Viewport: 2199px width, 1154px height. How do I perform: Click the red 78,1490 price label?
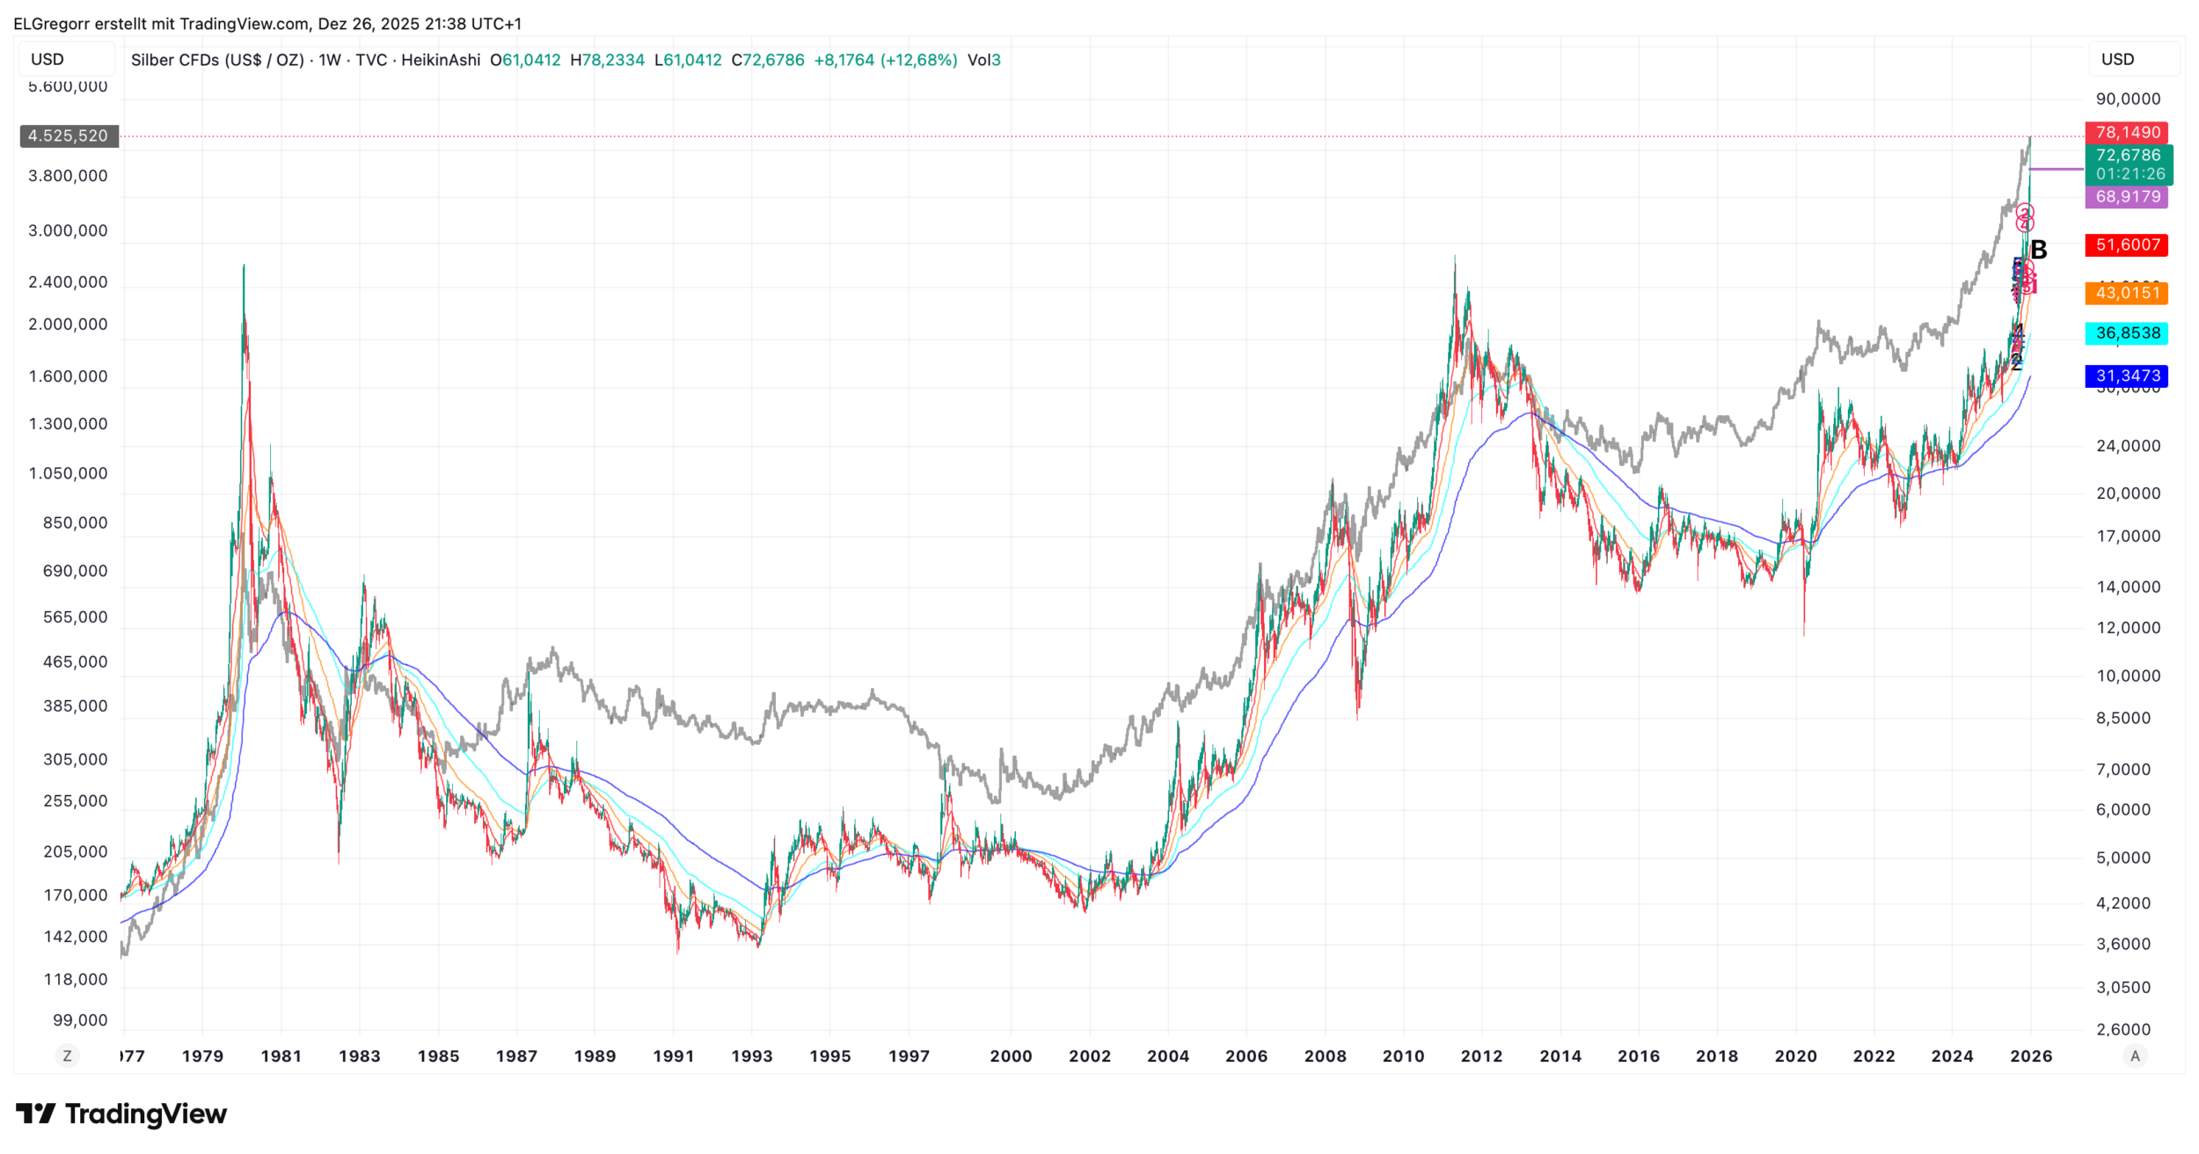coord(2127,133)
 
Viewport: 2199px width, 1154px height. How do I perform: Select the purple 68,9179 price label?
coord(2127,197)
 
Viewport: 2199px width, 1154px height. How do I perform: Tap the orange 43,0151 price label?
coord(2127,293)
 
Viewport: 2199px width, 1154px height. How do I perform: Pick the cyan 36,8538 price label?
coord(2127,333)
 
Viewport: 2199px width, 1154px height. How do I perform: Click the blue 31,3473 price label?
coord(2127,376)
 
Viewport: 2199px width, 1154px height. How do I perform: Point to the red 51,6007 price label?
coord(2127,245)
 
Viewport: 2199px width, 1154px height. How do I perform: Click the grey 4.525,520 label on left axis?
coord(69,136)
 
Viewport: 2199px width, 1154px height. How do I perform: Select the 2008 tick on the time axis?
coord(1325,1056)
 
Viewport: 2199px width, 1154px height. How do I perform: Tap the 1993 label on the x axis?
coord(752,1056)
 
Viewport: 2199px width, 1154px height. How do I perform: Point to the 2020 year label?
coord(1795,1056)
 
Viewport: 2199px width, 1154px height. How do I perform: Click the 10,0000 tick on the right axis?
coord(2128,676)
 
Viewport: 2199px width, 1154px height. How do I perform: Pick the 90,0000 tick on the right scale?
coord(2128,99)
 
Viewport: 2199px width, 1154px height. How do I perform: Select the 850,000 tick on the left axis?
coord(75,523)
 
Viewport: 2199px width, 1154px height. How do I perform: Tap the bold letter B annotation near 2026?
coord(2039,251)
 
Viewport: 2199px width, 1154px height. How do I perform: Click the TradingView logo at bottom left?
coord(121,1114)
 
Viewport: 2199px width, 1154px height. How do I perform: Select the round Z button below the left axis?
coord(68,1056)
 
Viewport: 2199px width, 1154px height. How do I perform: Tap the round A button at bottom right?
coord(2135,1056)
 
